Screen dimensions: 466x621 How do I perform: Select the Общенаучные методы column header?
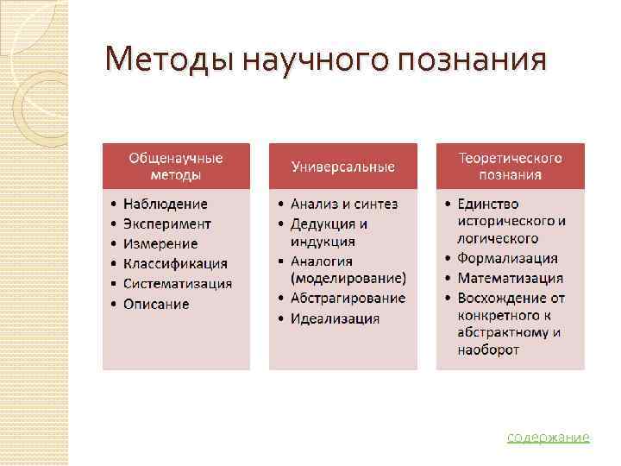(x=176, y=167)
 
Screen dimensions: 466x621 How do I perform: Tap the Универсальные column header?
(x=342, y=167)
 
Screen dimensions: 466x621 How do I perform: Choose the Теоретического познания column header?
(x=510, y=167)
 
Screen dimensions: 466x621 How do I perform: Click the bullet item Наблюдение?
(x=165, y=205)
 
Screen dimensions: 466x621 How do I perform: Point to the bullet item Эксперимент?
(x=167, y=224)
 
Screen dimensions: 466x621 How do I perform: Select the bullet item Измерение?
(x=160, y=244)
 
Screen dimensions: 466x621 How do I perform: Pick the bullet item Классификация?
(x=175, y=264)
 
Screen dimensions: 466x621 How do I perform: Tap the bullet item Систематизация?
(x=177, y=284)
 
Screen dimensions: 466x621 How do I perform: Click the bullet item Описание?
(x=156, y=304)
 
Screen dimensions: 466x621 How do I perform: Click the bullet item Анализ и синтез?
(x=344, y=205)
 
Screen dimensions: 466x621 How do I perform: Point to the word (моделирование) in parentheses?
(x=348, y=279)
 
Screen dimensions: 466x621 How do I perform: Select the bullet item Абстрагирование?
(x=348, y=299)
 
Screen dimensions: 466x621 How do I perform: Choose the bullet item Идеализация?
(x=335, y=318)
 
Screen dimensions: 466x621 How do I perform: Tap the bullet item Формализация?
(x=507, y=259)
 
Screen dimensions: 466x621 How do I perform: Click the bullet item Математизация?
(x=510, y=279)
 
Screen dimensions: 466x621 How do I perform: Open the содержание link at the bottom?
(x=548, y=438)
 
